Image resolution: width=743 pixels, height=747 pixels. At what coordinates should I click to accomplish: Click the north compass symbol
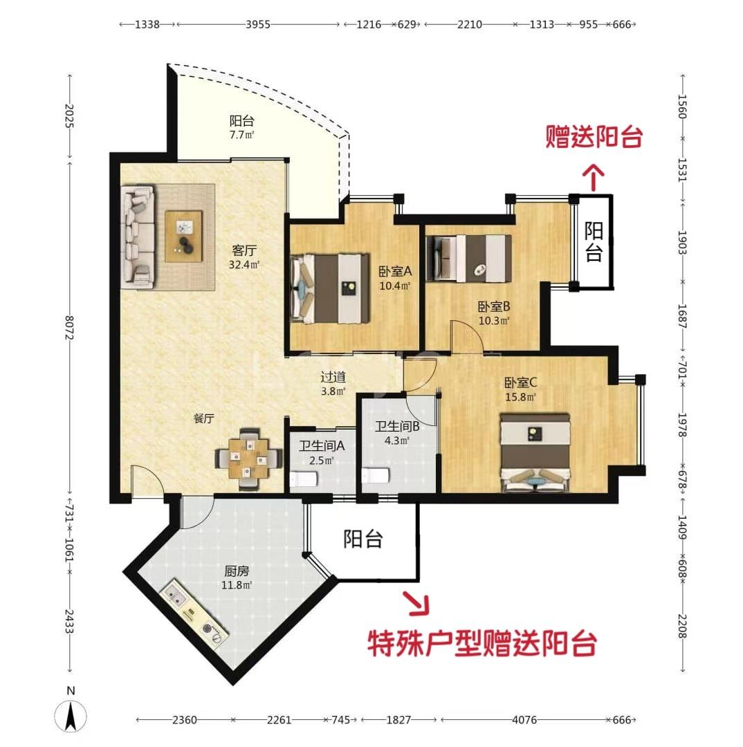click(x=71, y=716)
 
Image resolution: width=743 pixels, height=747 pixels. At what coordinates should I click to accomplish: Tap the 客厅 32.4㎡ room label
click(x=244, y=257)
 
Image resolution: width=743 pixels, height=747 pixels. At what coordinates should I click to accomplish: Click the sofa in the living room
click(x=138, y=237)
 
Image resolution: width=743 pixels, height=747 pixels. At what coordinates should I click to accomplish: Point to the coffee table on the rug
click(x=183, y=236)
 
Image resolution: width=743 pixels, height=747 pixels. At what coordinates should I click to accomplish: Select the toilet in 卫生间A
click(x=304, y=479)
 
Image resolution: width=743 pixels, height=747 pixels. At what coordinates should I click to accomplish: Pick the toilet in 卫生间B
click(x=376, y=475)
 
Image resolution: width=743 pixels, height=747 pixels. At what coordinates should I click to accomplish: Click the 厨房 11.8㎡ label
click(x=237, y=578)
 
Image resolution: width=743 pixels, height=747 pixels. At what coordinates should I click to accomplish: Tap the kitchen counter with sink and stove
click(x=194, y=615)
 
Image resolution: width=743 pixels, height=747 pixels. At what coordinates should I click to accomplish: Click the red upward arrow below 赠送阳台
click(x=594, y=177)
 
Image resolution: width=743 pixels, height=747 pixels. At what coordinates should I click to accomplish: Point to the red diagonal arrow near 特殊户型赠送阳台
click(x=416, y=603)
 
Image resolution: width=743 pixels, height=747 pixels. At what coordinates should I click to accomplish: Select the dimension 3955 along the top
click(x=258, y=24)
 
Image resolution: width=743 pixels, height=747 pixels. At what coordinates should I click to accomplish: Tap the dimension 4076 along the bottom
click(x=524, y=719)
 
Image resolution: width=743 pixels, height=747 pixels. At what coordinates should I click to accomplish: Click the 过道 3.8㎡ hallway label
click(x=333, y=384)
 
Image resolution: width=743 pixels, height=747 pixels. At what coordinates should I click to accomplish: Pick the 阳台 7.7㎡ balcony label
click(x=242, y=128)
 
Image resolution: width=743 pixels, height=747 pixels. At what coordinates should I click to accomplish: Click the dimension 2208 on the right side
click(x=682, y=627)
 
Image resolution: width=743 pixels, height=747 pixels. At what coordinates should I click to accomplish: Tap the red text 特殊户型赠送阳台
click(x=481, y=643)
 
